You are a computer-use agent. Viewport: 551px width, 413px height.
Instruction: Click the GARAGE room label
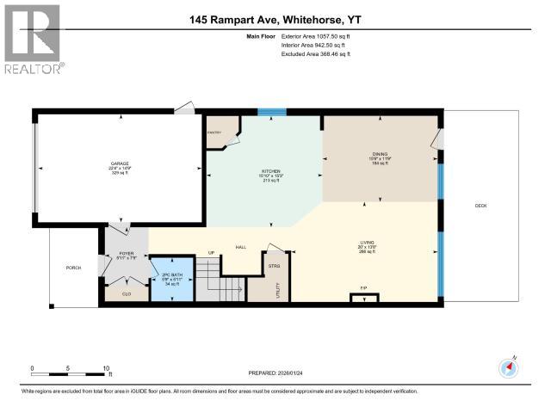(119, 163)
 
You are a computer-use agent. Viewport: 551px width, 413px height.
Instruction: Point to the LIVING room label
(367, 243)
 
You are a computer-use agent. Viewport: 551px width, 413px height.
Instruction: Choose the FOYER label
(127, 255)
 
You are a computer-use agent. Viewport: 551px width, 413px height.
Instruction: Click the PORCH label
(73, 268)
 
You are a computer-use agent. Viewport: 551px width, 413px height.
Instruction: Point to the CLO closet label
(127, 293)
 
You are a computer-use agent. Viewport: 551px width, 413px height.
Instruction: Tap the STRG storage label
(274, 266)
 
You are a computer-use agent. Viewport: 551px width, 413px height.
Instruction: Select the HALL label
(241, 248)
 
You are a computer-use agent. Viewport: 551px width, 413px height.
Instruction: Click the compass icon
(509, 367)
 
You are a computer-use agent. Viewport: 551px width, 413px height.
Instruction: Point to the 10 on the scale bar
(106, 367)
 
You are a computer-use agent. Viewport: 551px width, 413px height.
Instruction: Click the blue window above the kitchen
(273, 111)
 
